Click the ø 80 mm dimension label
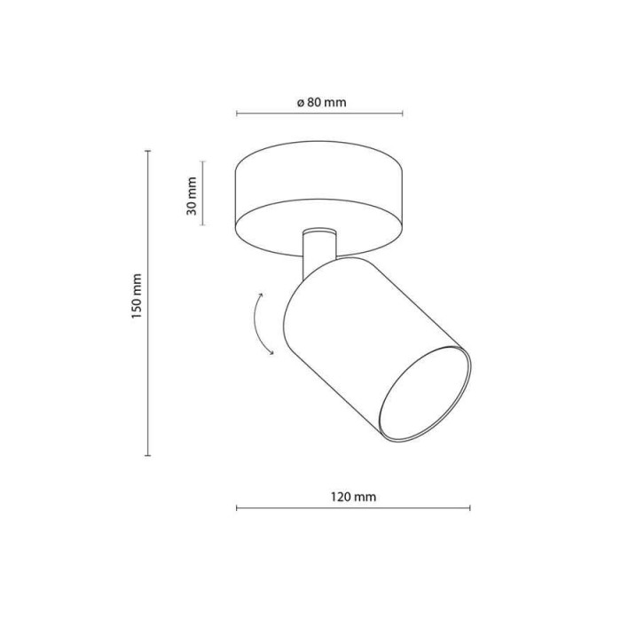(x=321, y=103)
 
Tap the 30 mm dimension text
(x=192, y=196)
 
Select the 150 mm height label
(x=137, y=296)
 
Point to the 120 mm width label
(x=353, y=497)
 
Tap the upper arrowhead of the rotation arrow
(x=261, y=295)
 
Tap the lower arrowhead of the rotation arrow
(x=271, y=352)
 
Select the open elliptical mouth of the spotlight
(x=425, y=393)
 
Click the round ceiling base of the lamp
(x=318, y=198)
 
